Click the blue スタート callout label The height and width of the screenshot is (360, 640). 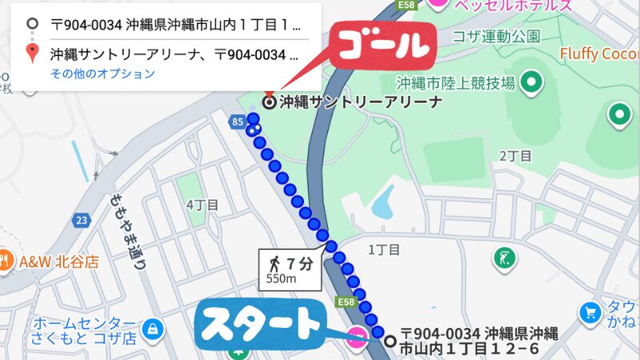coord(258,324)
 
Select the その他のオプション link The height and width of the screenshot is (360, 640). coord(102,74)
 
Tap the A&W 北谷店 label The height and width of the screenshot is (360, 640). coord(58,261)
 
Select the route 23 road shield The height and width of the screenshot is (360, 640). coord(82,219)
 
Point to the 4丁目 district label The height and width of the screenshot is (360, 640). coord(202,205)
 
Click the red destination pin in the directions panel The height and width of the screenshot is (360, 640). coord(31,54)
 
